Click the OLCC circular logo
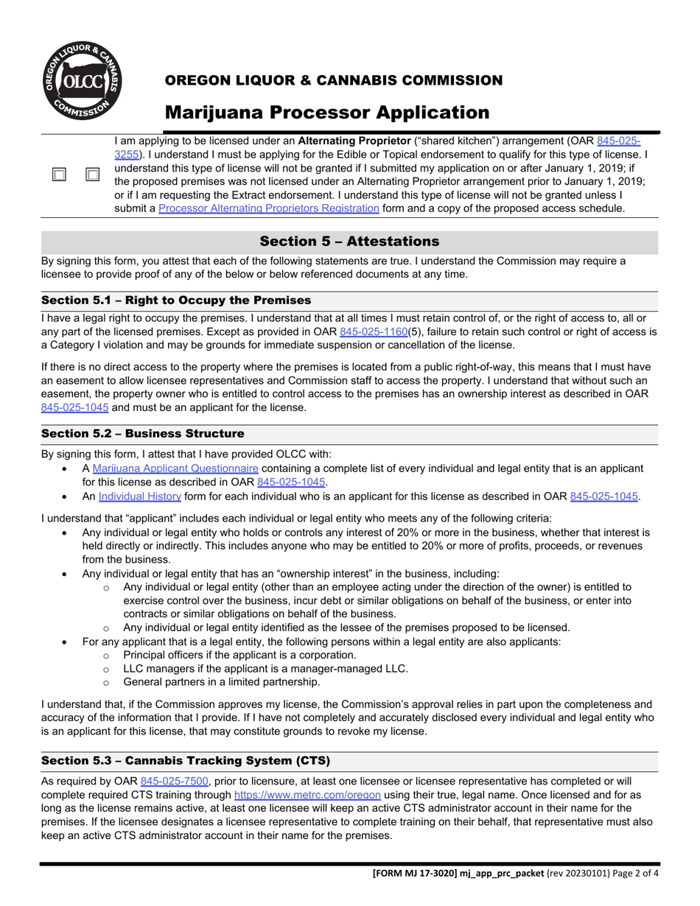pos(81,82)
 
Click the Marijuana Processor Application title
pos(326,113)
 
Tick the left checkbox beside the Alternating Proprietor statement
pos(59,175)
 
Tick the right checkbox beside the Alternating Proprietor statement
pos(93,175)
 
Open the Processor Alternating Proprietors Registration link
pos(269,208)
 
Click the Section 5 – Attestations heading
pos(349,242)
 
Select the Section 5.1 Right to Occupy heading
pos(176,301)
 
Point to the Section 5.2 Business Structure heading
pos(142,434)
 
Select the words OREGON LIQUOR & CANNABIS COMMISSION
pos(333,80)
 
